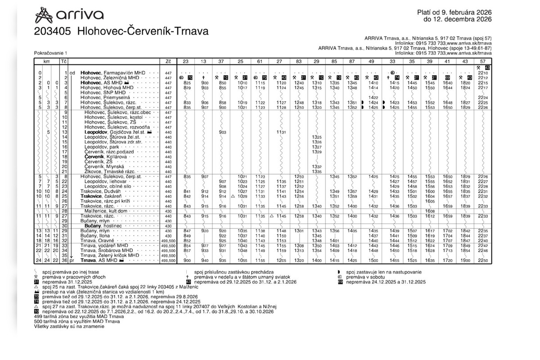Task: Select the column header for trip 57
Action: [482, 61]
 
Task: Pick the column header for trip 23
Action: [188, 61]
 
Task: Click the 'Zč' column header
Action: [168, 61]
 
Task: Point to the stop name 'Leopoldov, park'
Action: [102, 147]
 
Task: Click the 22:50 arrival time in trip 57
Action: [482, 261]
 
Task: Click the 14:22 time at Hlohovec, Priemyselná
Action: [373, 98]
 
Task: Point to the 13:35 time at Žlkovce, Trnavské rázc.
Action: [316, 171]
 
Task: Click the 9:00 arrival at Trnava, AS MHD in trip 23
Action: [188, 261]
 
